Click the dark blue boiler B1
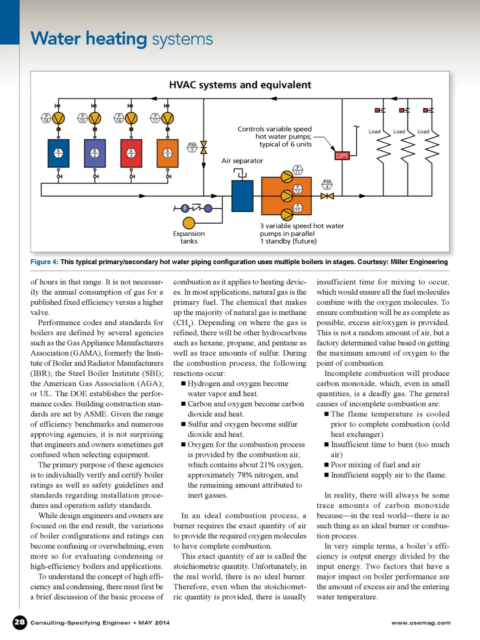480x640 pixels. click(x=58, y=153)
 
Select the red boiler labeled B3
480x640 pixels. click(x=131, y=153)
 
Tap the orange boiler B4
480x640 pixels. click(x=167, y=153)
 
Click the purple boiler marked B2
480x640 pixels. click(x=94, y=153)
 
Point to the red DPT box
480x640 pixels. click(x=342, y=156)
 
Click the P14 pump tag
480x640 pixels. click(x=46, y=118)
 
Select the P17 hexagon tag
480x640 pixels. click(x=155, y=118)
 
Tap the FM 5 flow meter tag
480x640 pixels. click(x=192, y=147)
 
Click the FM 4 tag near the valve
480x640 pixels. click(x=327, y=184)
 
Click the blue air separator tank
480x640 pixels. click(x=242, y=196)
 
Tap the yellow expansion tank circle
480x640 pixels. click(x=189, y=223)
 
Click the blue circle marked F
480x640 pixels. click(x=185, y=209)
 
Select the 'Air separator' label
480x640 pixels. click(x=242, y=161)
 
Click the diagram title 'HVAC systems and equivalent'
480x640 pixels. click(x=240, y=85)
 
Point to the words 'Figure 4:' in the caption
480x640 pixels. click(x=44, y=262)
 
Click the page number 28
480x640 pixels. click(x=19, y=622)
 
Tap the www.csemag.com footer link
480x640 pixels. click(x=421, y=623)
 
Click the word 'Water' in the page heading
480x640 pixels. click(x=55, y=39)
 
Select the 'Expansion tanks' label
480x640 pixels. click(x=188, y=237)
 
